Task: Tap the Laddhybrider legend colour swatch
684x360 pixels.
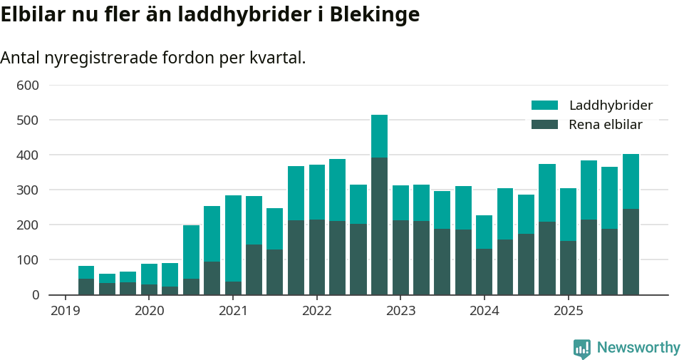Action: [x=544, y=106]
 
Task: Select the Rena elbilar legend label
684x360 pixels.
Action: [x=606, y=125]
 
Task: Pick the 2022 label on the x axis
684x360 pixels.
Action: [x=316, y=311]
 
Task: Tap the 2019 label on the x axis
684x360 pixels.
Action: [x=66, y=311]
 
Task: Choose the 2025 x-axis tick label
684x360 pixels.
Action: [x=568, y=311]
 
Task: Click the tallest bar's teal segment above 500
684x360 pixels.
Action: [x=379, y=135]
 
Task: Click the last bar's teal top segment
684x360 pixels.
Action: [x=631, y=181]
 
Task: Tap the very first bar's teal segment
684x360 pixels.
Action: [x=86, y=272]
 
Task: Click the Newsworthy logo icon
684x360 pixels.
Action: [x=581, y=348]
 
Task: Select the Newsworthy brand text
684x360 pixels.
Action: [x=638, y=348]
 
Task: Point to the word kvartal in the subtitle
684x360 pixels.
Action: [x=279, y=58]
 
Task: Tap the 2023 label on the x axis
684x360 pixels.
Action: [x=400, y=311]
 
